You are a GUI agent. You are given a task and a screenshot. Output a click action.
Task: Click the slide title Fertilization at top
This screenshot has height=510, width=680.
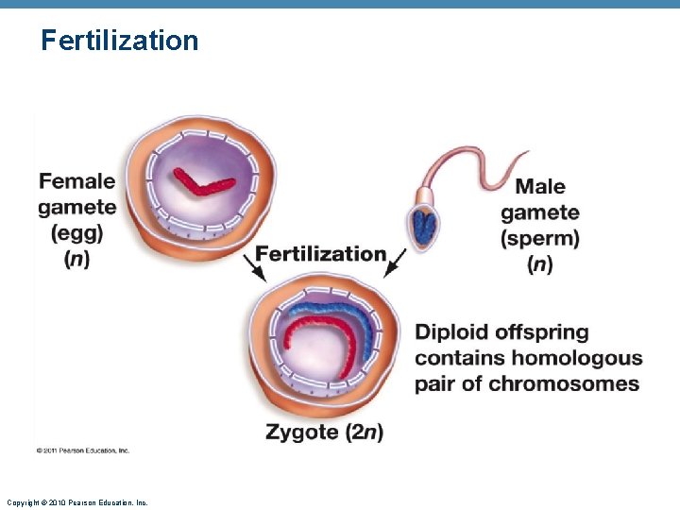click(120, 41)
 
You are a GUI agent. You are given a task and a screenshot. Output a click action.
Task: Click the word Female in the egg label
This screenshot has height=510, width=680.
click(76, 180)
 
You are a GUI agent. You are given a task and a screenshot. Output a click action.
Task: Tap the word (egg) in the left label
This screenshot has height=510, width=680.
click(77, 232)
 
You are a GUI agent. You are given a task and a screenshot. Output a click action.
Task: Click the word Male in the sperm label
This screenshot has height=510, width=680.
click(540, 186)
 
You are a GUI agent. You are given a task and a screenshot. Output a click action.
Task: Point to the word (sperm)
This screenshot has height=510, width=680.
click(540, 238)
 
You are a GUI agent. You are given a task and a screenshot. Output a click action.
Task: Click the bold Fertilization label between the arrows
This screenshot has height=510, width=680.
click(321, 253)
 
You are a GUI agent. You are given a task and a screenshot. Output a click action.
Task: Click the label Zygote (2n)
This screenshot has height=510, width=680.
click(324, 433)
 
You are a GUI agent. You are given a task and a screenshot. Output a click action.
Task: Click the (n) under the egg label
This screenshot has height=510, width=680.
click(77, 258)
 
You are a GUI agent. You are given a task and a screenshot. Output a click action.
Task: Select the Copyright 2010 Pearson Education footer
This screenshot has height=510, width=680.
click(76, 502)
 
